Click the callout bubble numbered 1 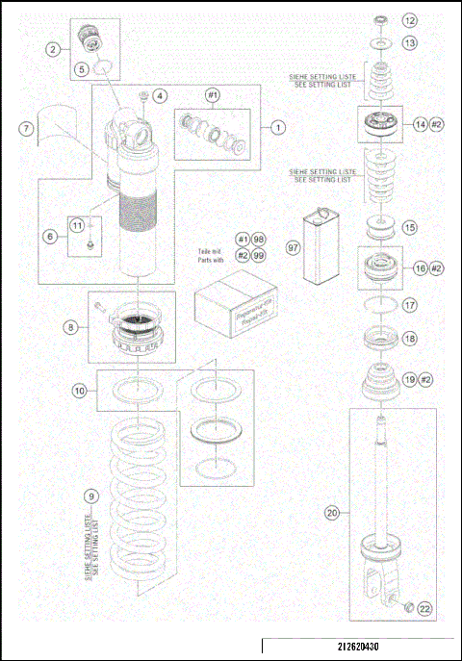277,126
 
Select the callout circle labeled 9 90,496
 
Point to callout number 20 332,514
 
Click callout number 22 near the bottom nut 424,607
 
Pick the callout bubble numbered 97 293,248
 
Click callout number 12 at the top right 410,20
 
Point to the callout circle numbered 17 410,306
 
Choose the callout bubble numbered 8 71,327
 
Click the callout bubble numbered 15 410,228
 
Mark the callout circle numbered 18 410,339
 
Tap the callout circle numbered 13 410,43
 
